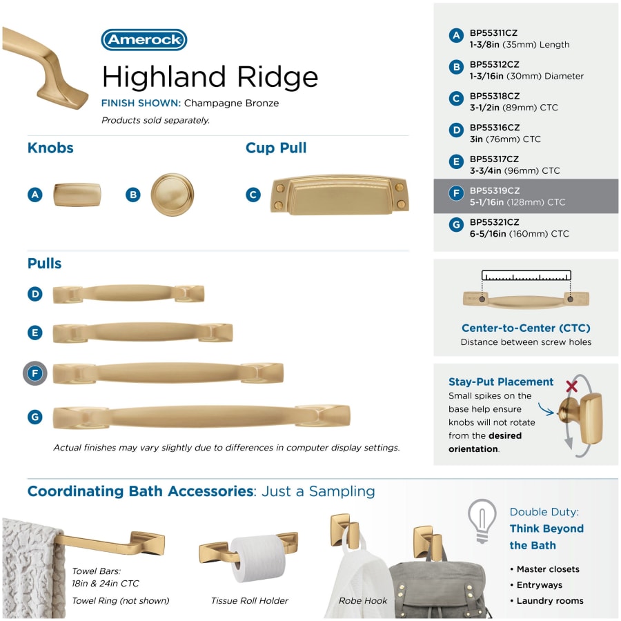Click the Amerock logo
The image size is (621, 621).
(x=144, y=39)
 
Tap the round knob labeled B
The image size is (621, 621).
(x=172, y=195)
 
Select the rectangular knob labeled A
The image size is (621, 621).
(x=77, y=195)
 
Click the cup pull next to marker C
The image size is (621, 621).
(x=339, y=195)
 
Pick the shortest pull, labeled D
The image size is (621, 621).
(x=128, y=294)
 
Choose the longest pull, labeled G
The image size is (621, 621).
(x=201, y=417)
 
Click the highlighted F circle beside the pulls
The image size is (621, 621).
(x=35, y=373)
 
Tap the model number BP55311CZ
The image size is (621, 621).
(x=493, y=33)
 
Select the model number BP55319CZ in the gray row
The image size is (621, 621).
(x=495, y=190)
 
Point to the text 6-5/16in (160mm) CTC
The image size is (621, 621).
(x=519, y=234)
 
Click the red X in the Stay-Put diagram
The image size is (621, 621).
(x=571, y=386)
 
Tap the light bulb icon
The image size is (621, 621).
(x=482, y=521)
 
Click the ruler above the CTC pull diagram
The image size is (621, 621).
(x=526, y=275)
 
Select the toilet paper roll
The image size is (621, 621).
(x=258, y=558)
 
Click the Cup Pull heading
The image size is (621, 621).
(x=276, y=148)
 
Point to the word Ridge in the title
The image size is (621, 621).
(x=277, y=77)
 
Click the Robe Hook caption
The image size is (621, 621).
(x=363, y=600)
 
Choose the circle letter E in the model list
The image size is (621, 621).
(x=456, y=161)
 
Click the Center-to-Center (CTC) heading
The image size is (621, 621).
(x=526, y=328)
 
